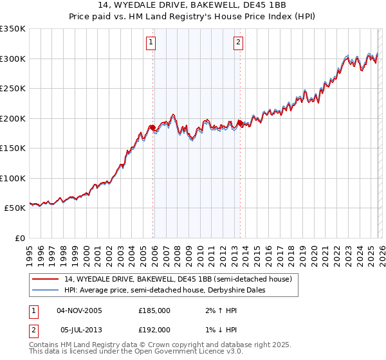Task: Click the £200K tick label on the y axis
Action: [x=13, y=118]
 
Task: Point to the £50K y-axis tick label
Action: [x=15, y=208]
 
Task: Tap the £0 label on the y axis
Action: [x=21, y=239]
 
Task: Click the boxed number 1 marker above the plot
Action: [x=151, y=43]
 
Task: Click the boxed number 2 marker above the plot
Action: [x=238, y=43]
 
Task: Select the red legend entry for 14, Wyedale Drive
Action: [x=178, y=279]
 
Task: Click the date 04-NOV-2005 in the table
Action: [x=79, y=310]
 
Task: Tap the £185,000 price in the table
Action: [x=154, y=310]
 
